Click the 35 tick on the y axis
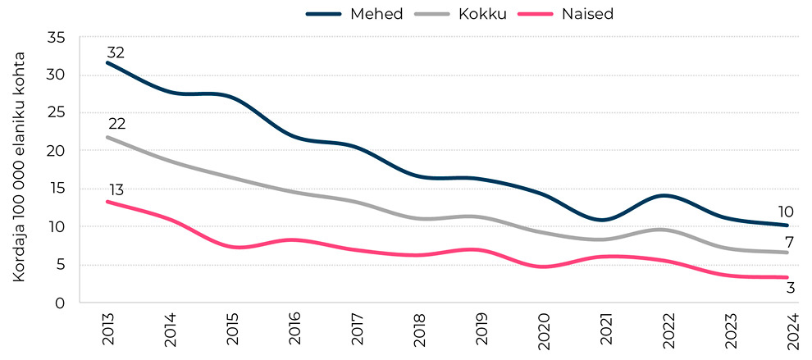click(x=57, y=38)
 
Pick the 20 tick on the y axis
click(x=57, y=152)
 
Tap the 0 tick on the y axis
click(x=62, y=303)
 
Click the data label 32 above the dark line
click(x=116, y=52)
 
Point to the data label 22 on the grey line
click(x=116, y=124)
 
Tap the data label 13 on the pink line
click(x=116, y=190)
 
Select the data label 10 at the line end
click(x=785, y=212)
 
